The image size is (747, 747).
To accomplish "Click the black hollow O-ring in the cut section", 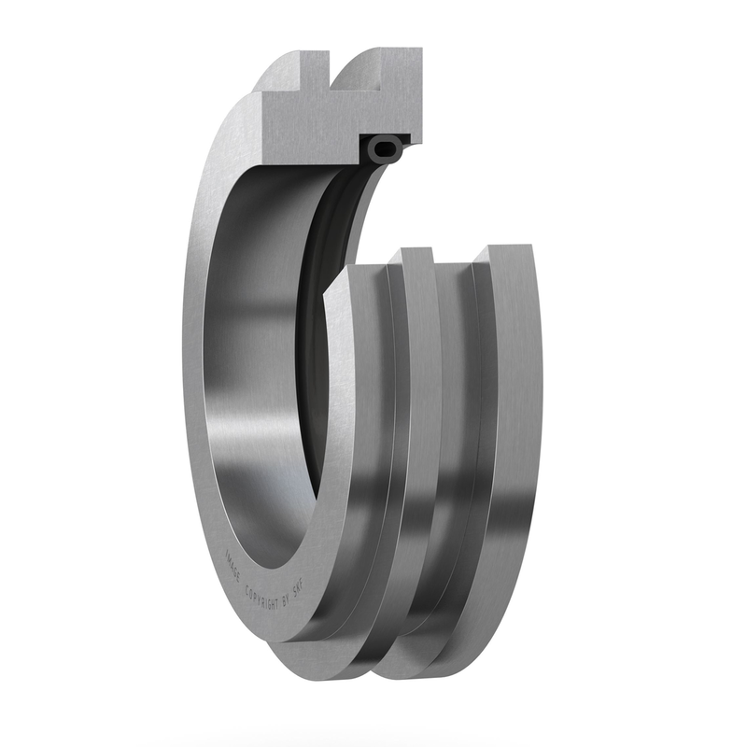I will coord(385,147).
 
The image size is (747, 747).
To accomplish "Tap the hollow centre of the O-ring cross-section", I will coord(385,147).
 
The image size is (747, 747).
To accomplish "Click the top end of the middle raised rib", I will coord(416,255).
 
